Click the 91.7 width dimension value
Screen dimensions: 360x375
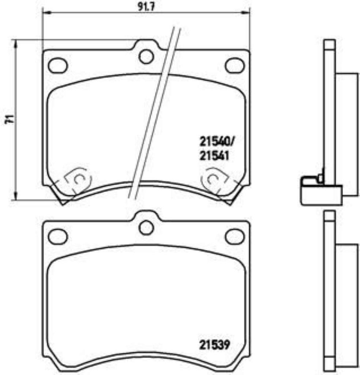tap(146, 7)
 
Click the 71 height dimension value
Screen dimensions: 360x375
tap(10, 119)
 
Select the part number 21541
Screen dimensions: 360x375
tap(214, 156)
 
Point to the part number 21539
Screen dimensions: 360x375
tap(215, 345)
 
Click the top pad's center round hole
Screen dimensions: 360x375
tap(146, 57)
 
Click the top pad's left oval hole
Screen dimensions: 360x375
tap(58, 65)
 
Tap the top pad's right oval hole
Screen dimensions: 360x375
tap(235, 65)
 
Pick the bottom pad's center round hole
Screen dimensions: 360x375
tap(146, 228)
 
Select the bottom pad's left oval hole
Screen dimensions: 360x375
tap(58, 236)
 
